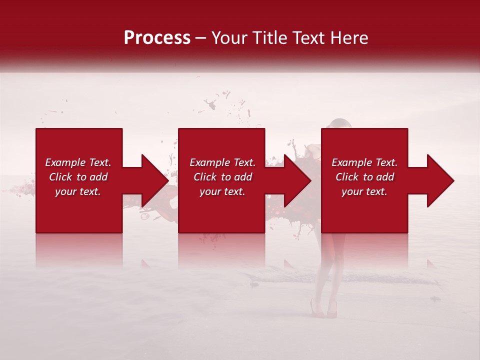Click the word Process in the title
pyautogui.click(x=157, y=38)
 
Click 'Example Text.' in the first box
pyautogui.click(x=78, y=162)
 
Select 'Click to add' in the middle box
pyautogui.click(x=222, y=177)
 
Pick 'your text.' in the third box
pyautogui.click(x=364, y=191)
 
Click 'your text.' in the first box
pyautogui.click(x=78, y=191)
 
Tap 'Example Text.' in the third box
pyautogui.click(x=364, y=162)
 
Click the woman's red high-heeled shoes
pyautogui.click(x=324, y=308)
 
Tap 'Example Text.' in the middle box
pyautogui.click(x=222, y=162)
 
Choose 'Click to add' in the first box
pyautogui.click(x=78, y=177)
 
